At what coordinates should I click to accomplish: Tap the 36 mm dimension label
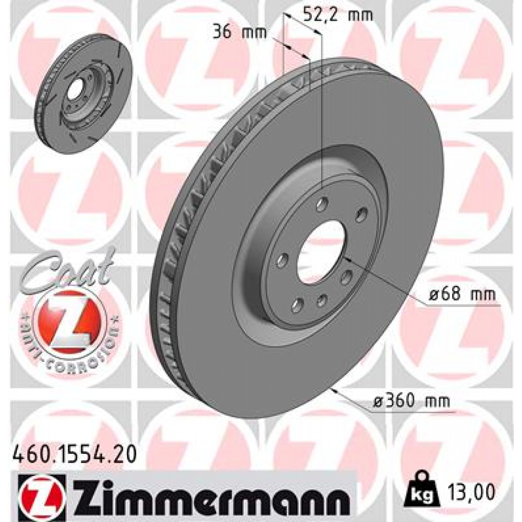(240, 32)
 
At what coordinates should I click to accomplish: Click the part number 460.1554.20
(73, 454)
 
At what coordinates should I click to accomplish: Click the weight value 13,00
(471, 493)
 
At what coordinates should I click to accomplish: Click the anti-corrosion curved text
(71, 347)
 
